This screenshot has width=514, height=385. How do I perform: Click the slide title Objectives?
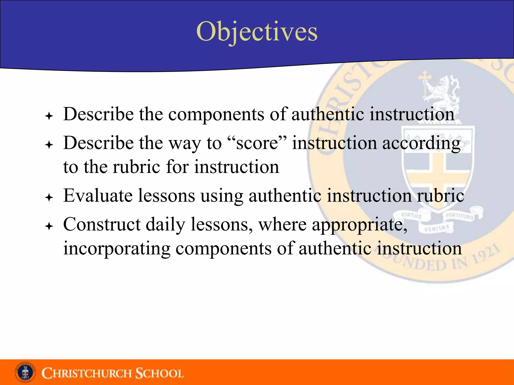click(x=257, y=32)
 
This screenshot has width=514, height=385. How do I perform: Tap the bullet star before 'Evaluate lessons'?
click(x=49, y=198)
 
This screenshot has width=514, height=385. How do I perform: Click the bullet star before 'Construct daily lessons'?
click(x=49, y=226)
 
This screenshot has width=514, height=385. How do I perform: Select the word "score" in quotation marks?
click(x=257, y=143)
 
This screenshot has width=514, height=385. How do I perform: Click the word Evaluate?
click(x=98, y=196)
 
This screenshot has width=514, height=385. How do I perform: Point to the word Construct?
click(x=102, y=224)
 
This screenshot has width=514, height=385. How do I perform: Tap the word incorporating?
click(x=116, y=249)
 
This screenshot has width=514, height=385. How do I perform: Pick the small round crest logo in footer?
click(x=25, y=372)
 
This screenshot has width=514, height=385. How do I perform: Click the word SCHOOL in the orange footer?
click(x=160, y=373)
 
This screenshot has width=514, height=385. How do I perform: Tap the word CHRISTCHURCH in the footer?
click(x=87, y=373)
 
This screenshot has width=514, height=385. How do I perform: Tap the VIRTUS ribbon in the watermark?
click(x=412, y=215)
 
